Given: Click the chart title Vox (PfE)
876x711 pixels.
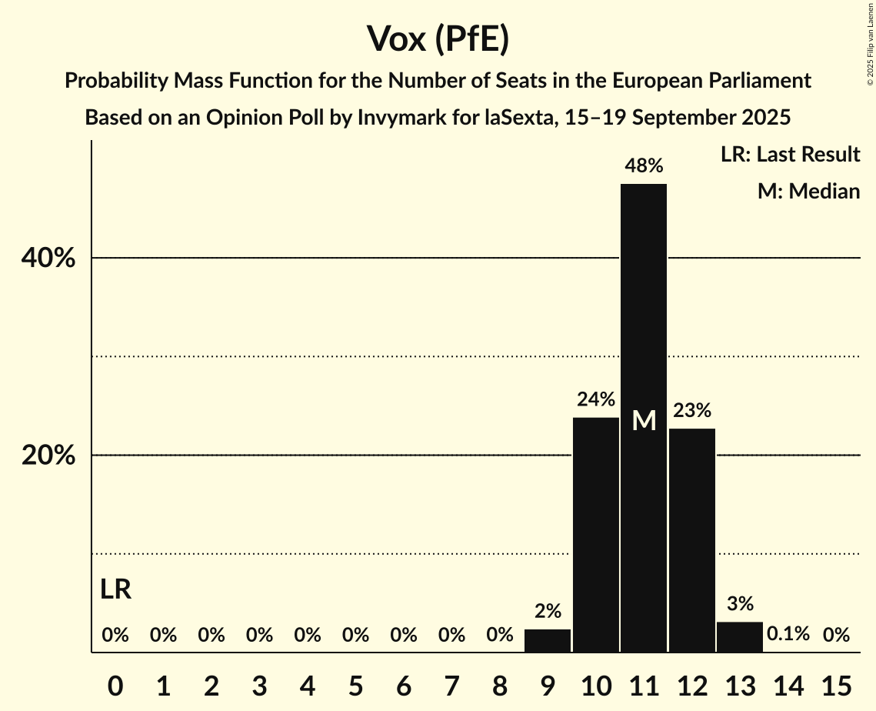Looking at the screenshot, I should pyautogui.click(x=438, y=38).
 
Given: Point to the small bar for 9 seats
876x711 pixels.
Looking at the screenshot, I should pyautogui.click(x=548, y=641).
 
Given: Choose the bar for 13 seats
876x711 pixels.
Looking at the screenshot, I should pyautogui.click(x=740, y=637).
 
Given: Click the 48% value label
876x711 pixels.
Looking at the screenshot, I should pyautogui.click(x=644, y=165).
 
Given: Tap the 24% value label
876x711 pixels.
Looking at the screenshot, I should pyautogui.click(x=596, y=399).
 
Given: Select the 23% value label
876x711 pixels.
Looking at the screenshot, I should pyautogui.click(x=692, y=410).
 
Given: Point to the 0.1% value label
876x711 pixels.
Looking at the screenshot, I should pyautogui.click(x=788, y=634).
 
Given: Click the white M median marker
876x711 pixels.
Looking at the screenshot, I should pyautogui.click(x=644, y=420).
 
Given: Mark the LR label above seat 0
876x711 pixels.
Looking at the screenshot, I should pyautogui.click(x=115, y=590).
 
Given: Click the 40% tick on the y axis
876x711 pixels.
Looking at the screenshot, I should pyautogui.click(x=48, y=259).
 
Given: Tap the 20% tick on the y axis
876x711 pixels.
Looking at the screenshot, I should pyautogui.click(x=48, y=456).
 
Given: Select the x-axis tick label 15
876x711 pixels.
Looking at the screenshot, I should pyautogui.click(x=836, y=683).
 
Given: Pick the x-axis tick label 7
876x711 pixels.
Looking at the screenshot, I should pyautogui.click(x=451, y=683).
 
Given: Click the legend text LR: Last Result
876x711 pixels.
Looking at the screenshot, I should pyautogui.click(x=790, y=155).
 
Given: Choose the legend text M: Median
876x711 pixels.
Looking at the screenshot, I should pyautogui.click(x=808, y=191).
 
